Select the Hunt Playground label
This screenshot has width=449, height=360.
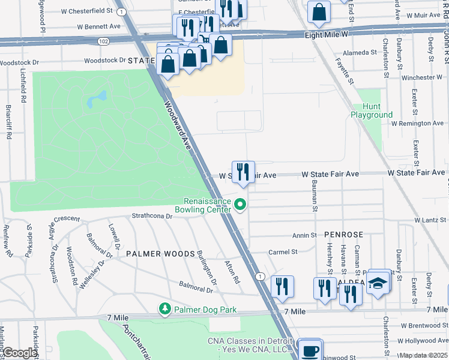372,110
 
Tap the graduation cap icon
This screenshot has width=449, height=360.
377,284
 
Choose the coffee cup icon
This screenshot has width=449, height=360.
310,350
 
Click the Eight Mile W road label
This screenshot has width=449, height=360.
326,35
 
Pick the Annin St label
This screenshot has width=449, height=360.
304,236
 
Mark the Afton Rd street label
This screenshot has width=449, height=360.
232,272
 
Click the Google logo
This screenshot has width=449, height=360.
20,352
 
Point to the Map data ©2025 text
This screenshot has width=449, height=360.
423,355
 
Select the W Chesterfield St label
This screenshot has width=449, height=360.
86,11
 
